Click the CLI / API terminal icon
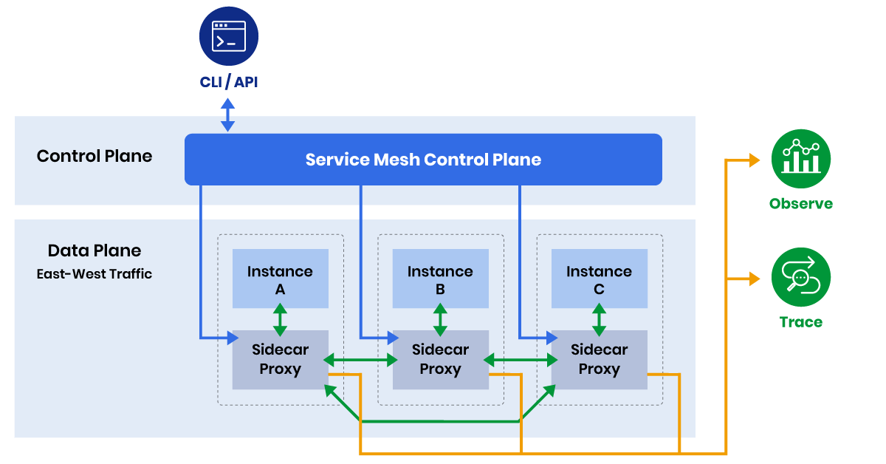(x=229, y=36)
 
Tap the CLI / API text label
(x=229, y=82)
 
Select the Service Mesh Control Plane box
(x=423, y=160)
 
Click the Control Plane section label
(x=95, y=157)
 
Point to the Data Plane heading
(x=95, y=250)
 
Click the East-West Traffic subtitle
(x=95, y=274)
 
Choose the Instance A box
(x=281, y=279)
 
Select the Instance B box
(x=440, y=279)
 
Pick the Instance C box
(x=599, y=279)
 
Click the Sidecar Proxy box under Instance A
(x=281, y=360)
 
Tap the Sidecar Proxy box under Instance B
(x=440, y=360)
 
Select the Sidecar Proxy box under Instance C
(x=599, y=360)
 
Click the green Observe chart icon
(x=801, y=160)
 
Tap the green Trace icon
(x=801, y=278)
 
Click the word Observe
(x=801, y=205)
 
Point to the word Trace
(x=801, y=322)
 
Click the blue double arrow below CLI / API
(x=228, y=117)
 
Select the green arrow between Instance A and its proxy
(x=281, y=319)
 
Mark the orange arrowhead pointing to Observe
(x=754, y=160)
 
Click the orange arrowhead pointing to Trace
(x=754, y=279)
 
